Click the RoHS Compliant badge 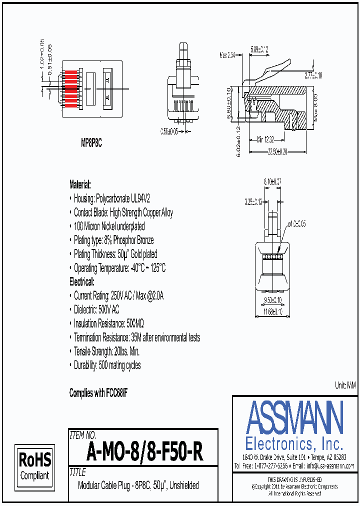(x=34, y=465)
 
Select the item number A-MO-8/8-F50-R (x=144, y=452)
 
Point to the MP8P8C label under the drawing (x=91, y=143)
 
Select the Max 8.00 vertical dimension (x=315, y=107)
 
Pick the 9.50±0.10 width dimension (x=272, y=299)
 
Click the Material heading (x=80, y=184)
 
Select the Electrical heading (x=81, y=282)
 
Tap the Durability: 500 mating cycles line (x=107, y=365)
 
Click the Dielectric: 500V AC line (x=96, y=309)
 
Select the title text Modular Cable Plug (x=138, y=485)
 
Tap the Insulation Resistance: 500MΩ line (x=109, y=323)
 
